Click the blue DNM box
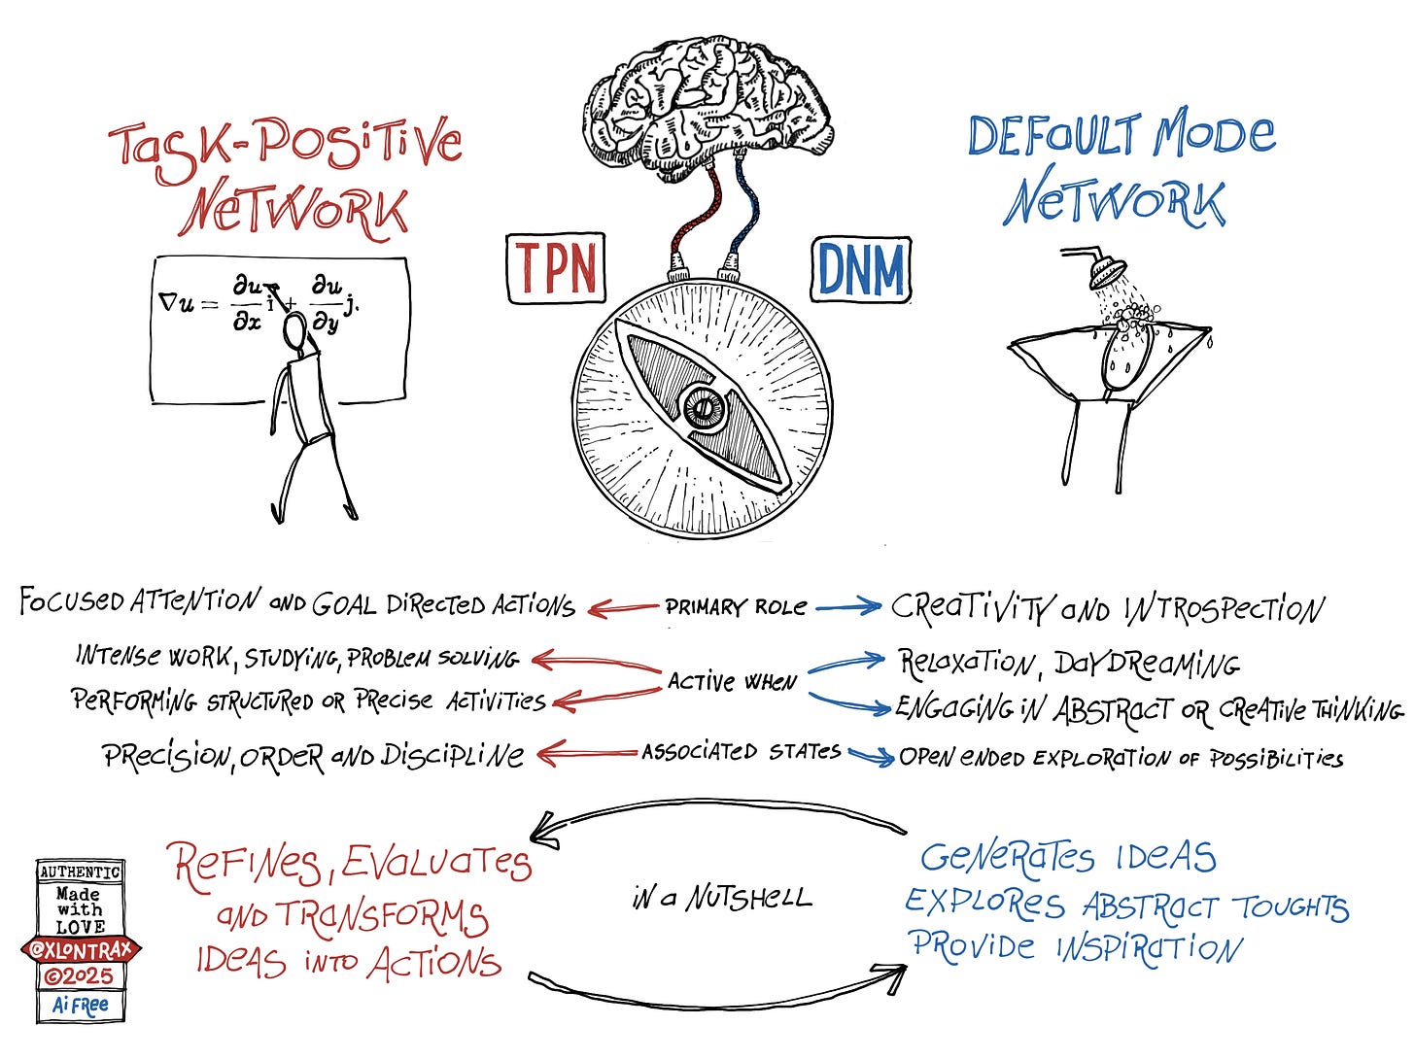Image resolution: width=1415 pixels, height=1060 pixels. [x=860, y=269]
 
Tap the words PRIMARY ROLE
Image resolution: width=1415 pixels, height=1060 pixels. [x=736, y=608]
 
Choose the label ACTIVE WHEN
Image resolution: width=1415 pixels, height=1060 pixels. [x=732, y=682]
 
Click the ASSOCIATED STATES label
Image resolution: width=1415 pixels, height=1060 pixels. [x=741, y=752]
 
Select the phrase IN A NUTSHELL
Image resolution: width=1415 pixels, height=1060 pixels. [x=720, y=898]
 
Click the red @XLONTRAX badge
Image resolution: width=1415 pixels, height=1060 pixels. [x=81, y=950]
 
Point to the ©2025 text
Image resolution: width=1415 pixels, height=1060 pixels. [x=81, y=976]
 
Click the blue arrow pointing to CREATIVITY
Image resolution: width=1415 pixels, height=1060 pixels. [x=848, y=609]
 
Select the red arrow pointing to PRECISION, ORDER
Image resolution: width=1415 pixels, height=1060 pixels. [x=587, y=753]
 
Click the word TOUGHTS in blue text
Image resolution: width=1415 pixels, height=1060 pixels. [x=1291, y=907]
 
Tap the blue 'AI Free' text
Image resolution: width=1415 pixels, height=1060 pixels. [x=81, y=1005]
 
